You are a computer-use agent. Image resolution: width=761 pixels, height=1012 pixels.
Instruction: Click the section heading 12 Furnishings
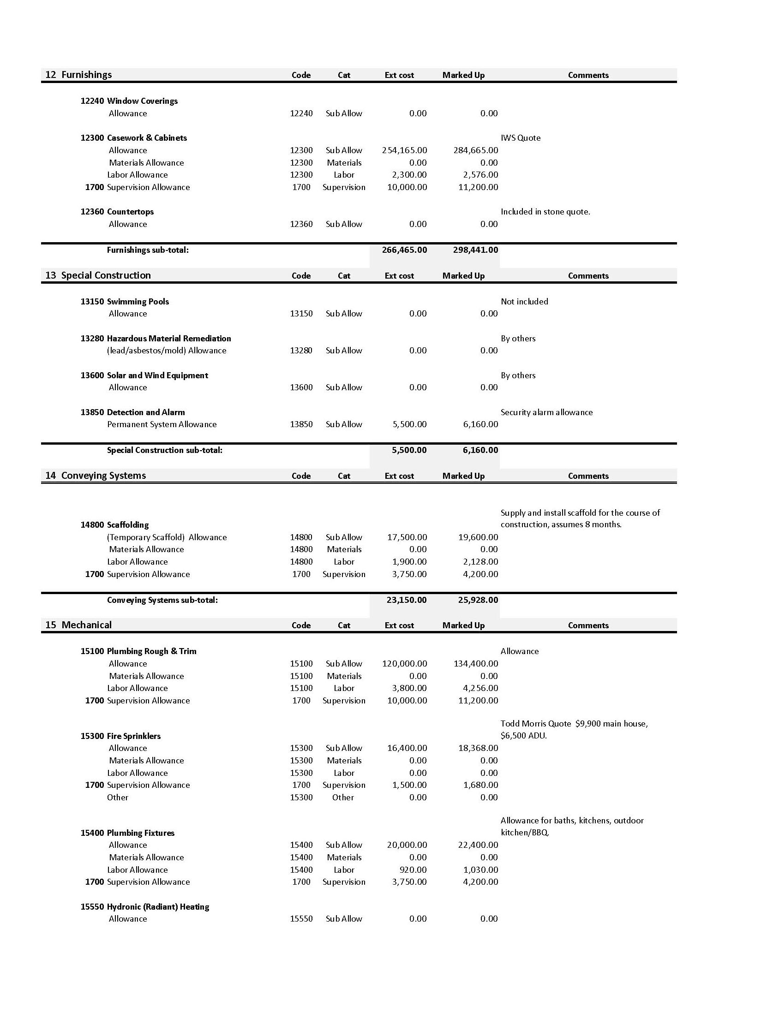78,75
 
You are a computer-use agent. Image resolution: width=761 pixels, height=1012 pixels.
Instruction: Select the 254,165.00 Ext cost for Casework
405,150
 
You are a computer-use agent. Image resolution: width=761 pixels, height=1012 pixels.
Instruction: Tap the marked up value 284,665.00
476,150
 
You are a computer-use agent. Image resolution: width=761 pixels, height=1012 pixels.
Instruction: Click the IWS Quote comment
521,138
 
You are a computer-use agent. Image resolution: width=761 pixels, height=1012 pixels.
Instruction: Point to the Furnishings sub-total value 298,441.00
476,250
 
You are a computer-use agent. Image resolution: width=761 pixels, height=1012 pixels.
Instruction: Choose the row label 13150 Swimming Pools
125,302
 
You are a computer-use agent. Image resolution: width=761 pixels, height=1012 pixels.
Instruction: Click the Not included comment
524,302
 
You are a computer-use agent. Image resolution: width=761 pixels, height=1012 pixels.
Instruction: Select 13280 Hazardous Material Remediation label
156,339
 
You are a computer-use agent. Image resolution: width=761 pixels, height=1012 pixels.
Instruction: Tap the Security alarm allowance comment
546,412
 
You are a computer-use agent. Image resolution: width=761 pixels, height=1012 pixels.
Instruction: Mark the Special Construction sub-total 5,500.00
409,450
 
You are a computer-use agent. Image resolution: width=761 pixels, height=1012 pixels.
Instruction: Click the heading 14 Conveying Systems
96,476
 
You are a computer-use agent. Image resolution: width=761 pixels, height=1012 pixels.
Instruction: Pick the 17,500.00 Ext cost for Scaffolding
407,537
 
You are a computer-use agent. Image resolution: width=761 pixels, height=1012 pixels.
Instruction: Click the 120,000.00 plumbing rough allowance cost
405,664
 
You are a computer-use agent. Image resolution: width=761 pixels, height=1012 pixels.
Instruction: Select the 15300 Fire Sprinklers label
120,736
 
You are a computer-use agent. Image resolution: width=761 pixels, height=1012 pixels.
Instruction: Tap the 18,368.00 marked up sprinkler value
478,748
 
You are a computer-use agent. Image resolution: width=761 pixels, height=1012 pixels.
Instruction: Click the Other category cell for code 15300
343,798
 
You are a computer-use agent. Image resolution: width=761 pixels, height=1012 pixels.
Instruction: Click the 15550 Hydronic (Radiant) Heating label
145,907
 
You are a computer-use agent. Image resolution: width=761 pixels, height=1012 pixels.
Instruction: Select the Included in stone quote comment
545,212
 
